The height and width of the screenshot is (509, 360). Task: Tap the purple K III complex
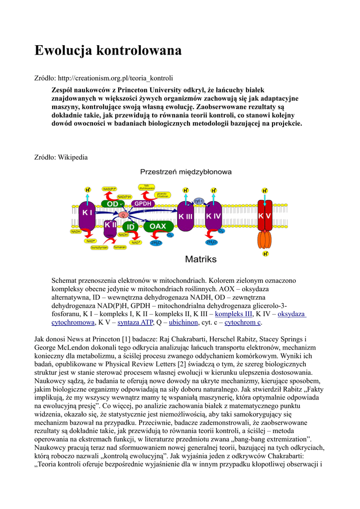(185, 217)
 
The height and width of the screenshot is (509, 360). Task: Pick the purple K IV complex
(213, 217)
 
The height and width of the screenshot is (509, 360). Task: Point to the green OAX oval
(158, 226)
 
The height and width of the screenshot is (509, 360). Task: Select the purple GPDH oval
(143, 204)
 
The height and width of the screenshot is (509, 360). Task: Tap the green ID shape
(130, 227)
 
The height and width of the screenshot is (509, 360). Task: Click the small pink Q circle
(123, 215)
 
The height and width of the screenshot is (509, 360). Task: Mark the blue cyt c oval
(199, 200)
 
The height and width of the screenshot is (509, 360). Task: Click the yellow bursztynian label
(99, 248)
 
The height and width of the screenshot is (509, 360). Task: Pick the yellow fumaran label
(120, 247)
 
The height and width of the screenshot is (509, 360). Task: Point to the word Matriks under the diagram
(201, 259)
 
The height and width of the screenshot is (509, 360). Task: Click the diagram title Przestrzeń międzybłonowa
(185, 172)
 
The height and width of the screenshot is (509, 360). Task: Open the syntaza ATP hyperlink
(135, 323)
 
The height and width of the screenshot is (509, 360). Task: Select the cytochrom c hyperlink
(242, 323)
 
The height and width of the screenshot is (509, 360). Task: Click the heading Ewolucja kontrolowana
(108, 50)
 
